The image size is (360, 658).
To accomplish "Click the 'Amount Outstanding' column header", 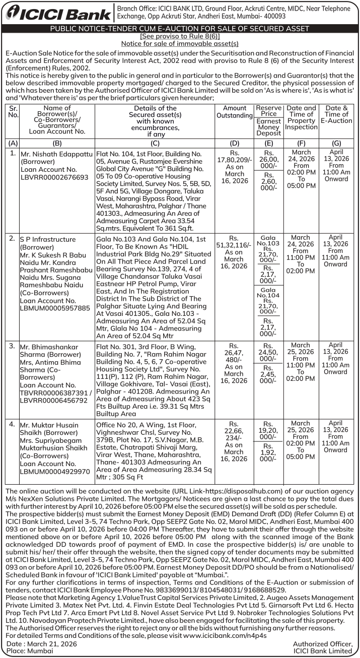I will point(234,112).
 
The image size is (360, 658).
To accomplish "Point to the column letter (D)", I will point(234,143).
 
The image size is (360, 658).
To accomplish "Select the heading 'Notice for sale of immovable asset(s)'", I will point(180,43).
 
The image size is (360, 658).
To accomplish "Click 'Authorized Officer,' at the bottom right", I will point(322,643).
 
